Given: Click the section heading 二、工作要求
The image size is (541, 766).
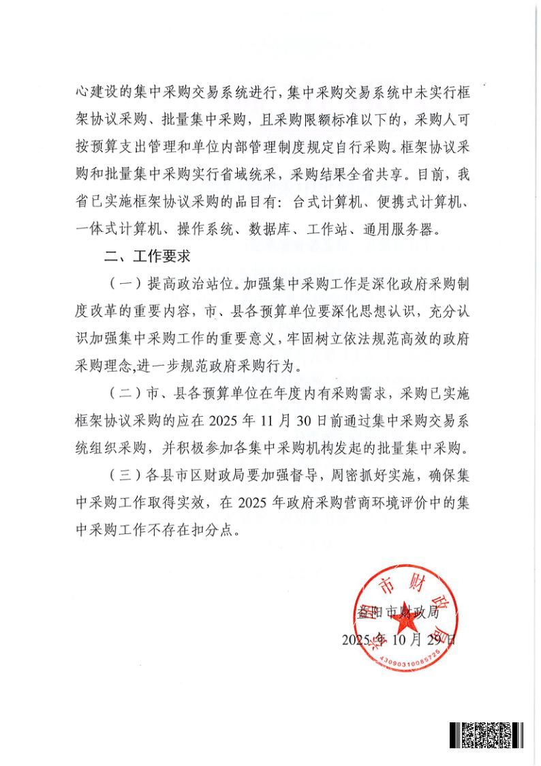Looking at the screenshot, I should click(x=146, y=259).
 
